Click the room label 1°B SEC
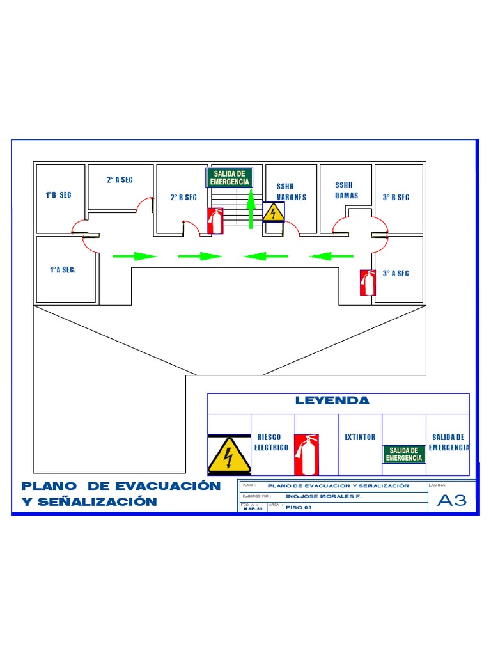tap(58, 195)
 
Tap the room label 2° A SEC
tap(120, 180)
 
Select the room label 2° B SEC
tap(183, 198)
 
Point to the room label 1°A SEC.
tap(63, 270)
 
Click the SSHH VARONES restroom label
tap(291, 192)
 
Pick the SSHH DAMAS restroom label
tap(347, 191)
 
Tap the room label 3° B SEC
tap(396, 198)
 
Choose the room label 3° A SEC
tap(396, 274)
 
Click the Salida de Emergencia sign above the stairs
tap(230, 178)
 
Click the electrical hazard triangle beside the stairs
tap(274, 212)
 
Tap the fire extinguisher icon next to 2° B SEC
tap(215, 221)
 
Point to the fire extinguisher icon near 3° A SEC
tap(367, 282)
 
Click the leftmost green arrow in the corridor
tap(134, 256)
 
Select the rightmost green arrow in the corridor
tap(331, 256)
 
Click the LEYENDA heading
tap(332, 401)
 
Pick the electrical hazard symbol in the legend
tap(229, 455)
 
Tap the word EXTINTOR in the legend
tap(360, 438)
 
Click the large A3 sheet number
tap(451, 501)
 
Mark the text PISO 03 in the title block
tap(299, 507)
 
